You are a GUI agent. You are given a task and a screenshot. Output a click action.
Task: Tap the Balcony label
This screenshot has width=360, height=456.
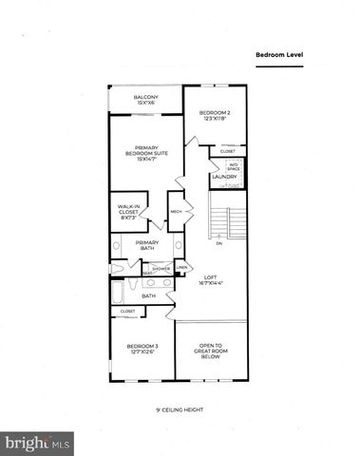(x=145, y=100)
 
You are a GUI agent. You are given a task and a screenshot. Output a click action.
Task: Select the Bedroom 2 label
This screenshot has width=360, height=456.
(x=215, y=115)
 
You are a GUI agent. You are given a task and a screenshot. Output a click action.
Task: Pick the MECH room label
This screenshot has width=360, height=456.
(x=176, y=211)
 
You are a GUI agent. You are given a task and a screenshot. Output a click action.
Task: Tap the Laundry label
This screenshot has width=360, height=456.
(x=224, y=176)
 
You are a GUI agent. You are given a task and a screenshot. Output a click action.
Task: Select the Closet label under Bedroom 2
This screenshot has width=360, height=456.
(x=228, y=151)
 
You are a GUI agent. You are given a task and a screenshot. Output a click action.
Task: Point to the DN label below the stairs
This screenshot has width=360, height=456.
(x=218, y=244)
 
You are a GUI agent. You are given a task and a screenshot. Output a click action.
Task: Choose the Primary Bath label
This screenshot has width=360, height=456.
(x=146, y=244)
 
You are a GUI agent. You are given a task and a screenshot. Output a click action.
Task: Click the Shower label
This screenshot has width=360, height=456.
(x=161, y=268)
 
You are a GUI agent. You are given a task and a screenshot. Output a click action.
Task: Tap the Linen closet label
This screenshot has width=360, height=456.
(x=180, y=268)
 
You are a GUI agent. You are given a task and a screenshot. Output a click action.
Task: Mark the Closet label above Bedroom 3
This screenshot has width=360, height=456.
(x=127, y=311)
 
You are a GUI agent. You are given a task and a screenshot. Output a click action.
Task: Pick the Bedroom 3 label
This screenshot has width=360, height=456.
(x=141, y=348)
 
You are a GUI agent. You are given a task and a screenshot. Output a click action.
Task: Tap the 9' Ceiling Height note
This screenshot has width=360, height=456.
(x=180, y=410)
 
